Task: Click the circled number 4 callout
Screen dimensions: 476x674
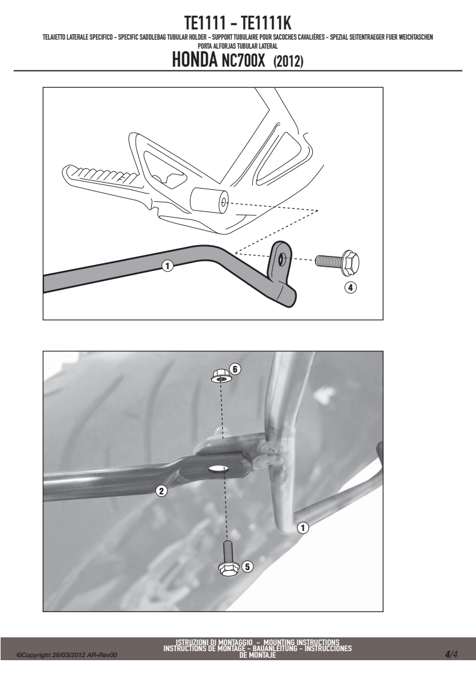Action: pos(351,288)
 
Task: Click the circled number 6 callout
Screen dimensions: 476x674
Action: pos(235,369)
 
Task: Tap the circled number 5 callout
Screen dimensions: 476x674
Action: pos(247,567)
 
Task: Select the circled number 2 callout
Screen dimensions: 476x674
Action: pos(161,490)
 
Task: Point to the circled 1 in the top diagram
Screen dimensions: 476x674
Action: pos(167,266)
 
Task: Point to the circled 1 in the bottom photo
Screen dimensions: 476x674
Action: pos(303,527)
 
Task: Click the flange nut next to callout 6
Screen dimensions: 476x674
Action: pos(220,377)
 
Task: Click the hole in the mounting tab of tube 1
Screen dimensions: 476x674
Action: pos(282,259)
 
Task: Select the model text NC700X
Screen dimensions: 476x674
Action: pos(244,61)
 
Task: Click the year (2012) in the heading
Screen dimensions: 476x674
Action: pos(288,61)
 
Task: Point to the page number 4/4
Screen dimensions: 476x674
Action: pos(451,655)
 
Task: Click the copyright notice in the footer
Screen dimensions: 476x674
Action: pos(67,655)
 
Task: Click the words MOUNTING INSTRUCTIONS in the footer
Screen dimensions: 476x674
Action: pos(301,643)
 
